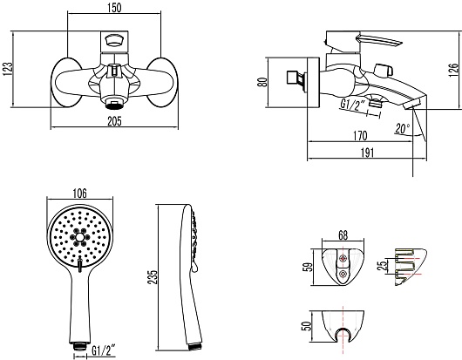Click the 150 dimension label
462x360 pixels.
pos(114,8)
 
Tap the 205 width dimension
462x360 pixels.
pos(114,121)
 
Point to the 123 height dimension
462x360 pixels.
pos(8,69)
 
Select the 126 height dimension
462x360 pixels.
pos(453,70)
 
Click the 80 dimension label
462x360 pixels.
pos(262,82)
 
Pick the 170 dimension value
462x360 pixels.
pos(360,135)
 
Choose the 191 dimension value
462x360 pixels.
pos(367,153)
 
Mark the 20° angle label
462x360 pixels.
pos(403,128)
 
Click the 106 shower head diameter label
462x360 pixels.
pos(80,194)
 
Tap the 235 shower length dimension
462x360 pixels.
pos(153,277)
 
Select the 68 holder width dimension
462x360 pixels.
pos(343,235)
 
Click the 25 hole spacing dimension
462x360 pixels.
pos(383,266)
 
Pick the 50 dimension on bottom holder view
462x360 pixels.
pos(307,325)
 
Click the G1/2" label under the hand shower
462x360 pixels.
pos(103,350)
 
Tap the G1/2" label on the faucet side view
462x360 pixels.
pos(352,105)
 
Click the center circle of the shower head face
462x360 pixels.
pos(80,237)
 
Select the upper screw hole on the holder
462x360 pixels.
pos(343,258)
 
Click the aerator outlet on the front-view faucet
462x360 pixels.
pos(114,104)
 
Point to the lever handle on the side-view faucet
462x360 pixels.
pos(378,40)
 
